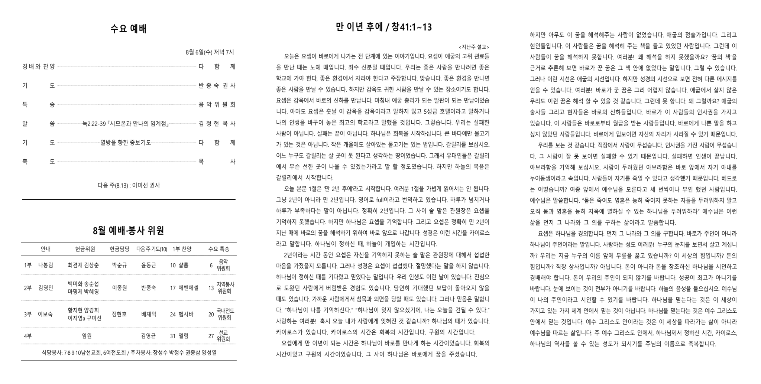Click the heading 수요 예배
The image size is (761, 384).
click(x=129, y=29)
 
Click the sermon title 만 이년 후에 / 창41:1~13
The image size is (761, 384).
click(x=383, y=27)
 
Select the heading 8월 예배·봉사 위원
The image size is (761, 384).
click(x=129, y=231)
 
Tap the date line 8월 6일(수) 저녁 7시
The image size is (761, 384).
click(x=210, y=52)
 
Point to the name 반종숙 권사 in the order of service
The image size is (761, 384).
click(x=217, y=86)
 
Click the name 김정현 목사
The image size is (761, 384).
click(x=217, y=124)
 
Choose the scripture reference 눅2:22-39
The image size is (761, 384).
click(x=94, y=124)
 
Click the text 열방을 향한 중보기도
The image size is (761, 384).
click(x=126, y=143)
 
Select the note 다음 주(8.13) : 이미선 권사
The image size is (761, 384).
click(x=129, y=185)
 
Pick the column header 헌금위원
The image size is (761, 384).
click(x=85, y=249)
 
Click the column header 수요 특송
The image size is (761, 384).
click(x=218, y=249)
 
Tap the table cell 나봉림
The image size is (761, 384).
click(x=45, y=265)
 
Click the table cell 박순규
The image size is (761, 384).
click(x=119, y=265)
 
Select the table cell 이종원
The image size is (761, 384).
click(x=119, y=288)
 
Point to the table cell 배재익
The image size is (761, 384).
click(x=149, y=314)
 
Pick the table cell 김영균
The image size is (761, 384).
click(x=149, y=336)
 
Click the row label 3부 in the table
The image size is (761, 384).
click(x=28, y=314)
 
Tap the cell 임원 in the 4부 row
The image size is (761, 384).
click(x=87, y=336)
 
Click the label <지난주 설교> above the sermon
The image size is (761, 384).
click(x=474, y=47)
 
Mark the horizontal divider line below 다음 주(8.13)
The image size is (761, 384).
click(x=129, y=199)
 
